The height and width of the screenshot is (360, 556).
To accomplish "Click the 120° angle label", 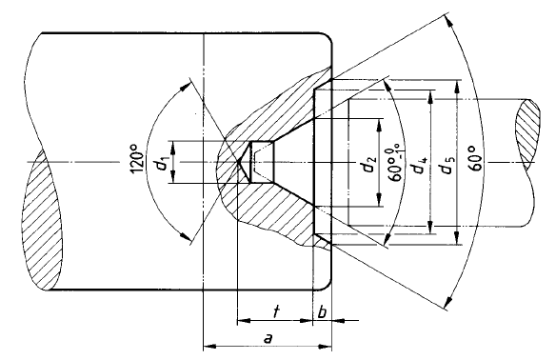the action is tap(138, 158).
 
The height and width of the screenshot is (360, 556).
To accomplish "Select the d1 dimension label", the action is tap(163, 164).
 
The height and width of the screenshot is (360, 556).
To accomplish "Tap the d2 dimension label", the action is tap(368, 164).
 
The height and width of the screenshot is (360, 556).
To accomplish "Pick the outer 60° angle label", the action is tap(476, 158).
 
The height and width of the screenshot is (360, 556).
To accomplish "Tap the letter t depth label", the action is tap(276, 311).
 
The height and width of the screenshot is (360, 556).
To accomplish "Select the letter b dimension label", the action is tap(322, 312).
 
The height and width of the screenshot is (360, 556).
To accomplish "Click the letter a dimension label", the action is tap(268, 338).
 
